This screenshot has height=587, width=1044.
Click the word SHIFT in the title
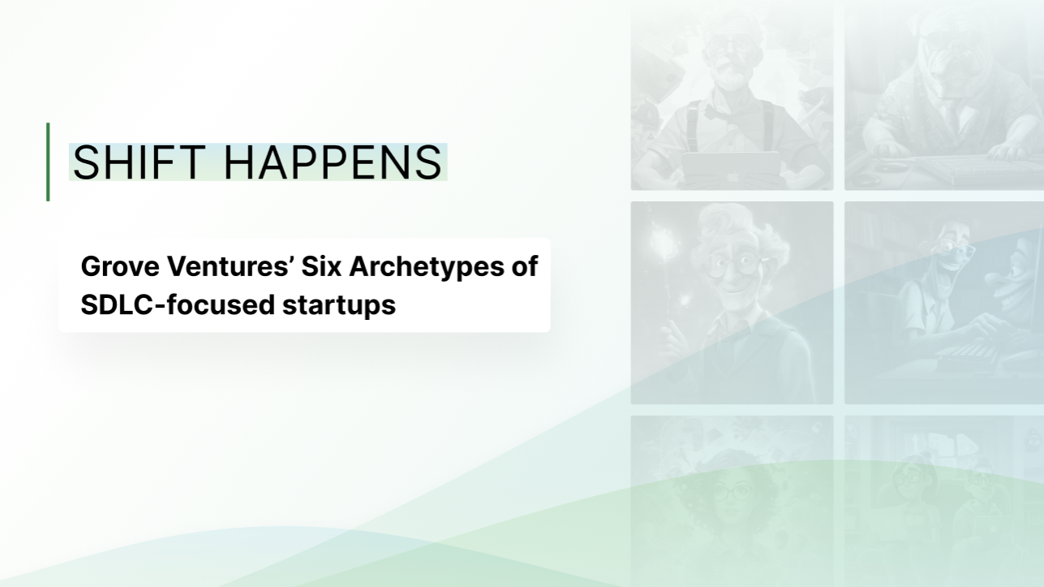(140, 162)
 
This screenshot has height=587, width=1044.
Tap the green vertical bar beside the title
(48, 162)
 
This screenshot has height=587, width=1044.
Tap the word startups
(339, 307)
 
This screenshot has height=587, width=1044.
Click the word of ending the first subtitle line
(525, 266)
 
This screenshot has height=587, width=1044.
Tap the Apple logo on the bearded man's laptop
(731, 177)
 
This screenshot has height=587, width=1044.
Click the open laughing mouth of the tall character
(940, 270)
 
